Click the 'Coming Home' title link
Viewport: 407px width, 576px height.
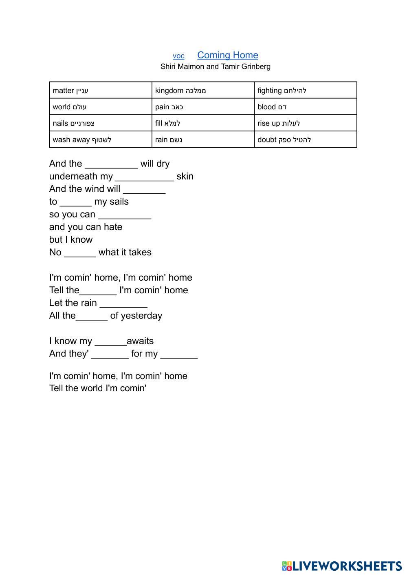pyautogui.click(x=227, y=55)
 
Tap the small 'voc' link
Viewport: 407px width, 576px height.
pyautogui.click(x=178, y=56)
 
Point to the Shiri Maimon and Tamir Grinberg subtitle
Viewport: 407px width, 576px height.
pyautogui.click(x=215, y=66)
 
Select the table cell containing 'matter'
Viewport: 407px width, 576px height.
pyautogui.click(x=100, y=90)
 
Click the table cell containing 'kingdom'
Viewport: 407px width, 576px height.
pyautogui.click(x=203, y=90)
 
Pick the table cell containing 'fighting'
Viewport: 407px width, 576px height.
pyautogui.click(x=305, y=90)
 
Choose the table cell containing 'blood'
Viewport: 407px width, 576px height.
pyautogui.click(x=305, y=107)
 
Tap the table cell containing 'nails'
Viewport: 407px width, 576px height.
pyautogui.click(x=100, y=123)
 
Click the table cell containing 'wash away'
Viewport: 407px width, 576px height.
pyautogui.click(x=100, y=140)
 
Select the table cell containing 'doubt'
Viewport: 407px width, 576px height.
pyautogui.click(x=305, y=140)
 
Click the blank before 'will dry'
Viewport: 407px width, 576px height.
pyautogui.click(x=111, y=164)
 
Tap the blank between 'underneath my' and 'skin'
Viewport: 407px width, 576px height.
pyautogui.click(x=145, y=177)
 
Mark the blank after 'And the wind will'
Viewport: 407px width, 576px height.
pyautogui.click(x=144, y=190)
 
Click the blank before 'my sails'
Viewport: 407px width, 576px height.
pyautogui.click(x=76, y=202)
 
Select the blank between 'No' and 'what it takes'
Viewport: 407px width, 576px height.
pyautogui.click(x=80, y=253)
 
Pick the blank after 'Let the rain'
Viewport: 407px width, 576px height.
pyautogui.click(x=123, y=304)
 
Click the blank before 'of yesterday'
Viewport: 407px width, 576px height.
pyautogui.click(x=92, y=316)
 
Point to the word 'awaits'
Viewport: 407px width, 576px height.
pyautogui.click(x=140, y=341)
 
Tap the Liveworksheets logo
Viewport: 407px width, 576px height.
pyautogui.click(x=341, y=566)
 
